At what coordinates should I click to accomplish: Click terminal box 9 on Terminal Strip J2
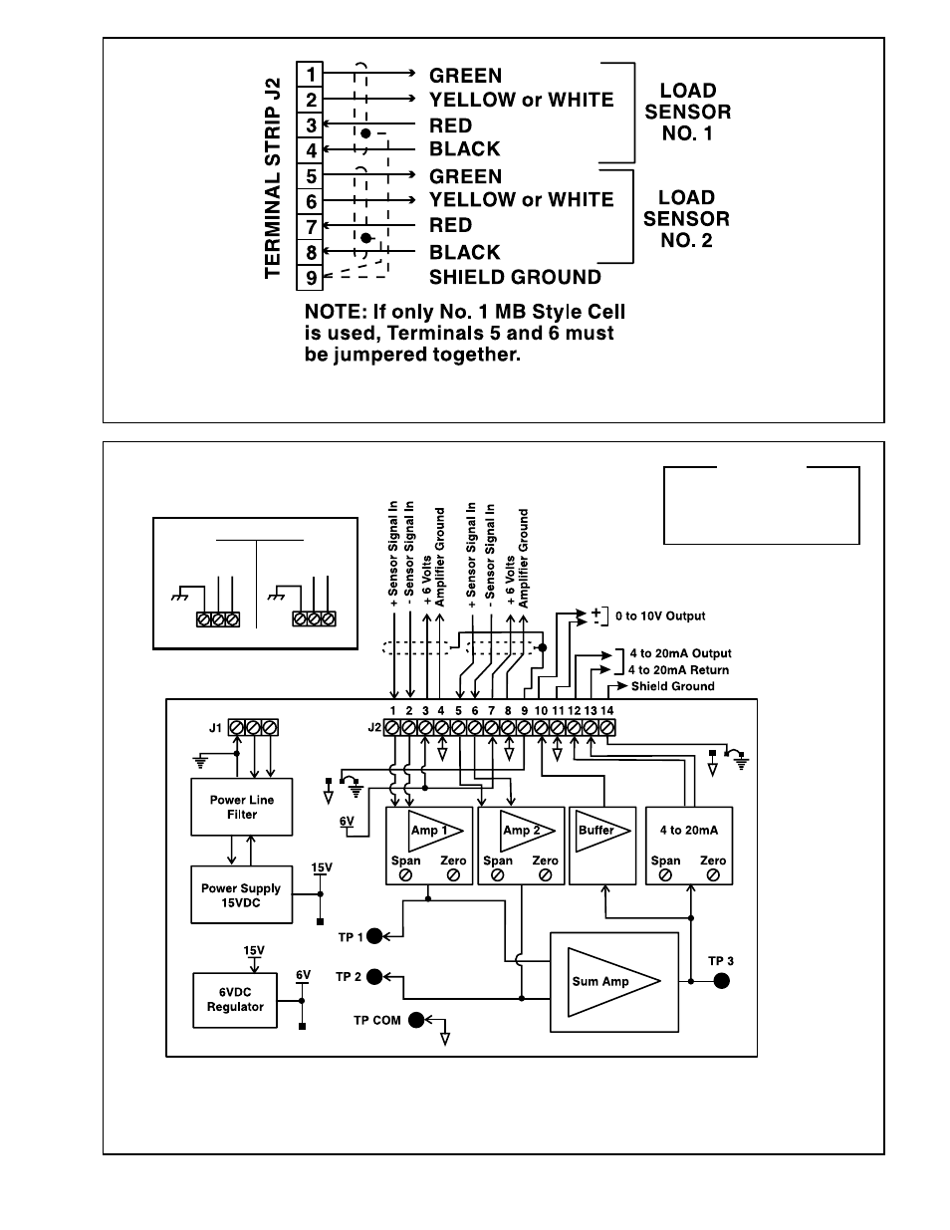tap(310, 277)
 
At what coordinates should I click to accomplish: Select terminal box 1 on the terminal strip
tap(310, 74)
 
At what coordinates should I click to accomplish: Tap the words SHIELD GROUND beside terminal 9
tap(515, 277)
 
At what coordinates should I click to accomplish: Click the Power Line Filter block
tap(242, 807)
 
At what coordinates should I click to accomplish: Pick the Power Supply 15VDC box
tap(242, 895)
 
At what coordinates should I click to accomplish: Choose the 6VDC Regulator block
tap(235, 1000)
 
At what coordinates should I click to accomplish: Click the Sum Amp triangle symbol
tap(613, 982)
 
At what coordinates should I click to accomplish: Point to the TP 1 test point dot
tap(374, 936)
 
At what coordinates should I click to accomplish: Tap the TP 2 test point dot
tap(374, 976)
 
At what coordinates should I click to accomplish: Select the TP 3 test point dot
tap(721, 981)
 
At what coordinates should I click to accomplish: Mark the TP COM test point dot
tap(416, 1020)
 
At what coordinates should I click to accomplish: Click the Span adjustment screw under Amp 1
tap(405, 875)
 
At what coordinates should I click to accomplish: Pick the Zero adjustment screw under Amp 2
tap(546, 875)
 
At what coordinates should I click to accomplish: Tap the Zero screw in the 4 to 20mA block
tap(713, 875)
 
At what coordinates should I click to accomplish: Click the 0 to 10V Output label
tap(660, 615)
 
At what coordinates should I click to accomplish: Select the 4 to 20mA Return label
tap(678, 670)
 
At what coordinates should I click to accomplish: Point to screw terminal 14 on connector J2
tap(606, 727)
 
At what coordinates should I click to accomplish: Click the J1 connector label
tap(215, 728)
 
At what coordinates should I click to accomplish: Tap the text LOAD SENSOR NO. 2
tap(686, 219)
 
